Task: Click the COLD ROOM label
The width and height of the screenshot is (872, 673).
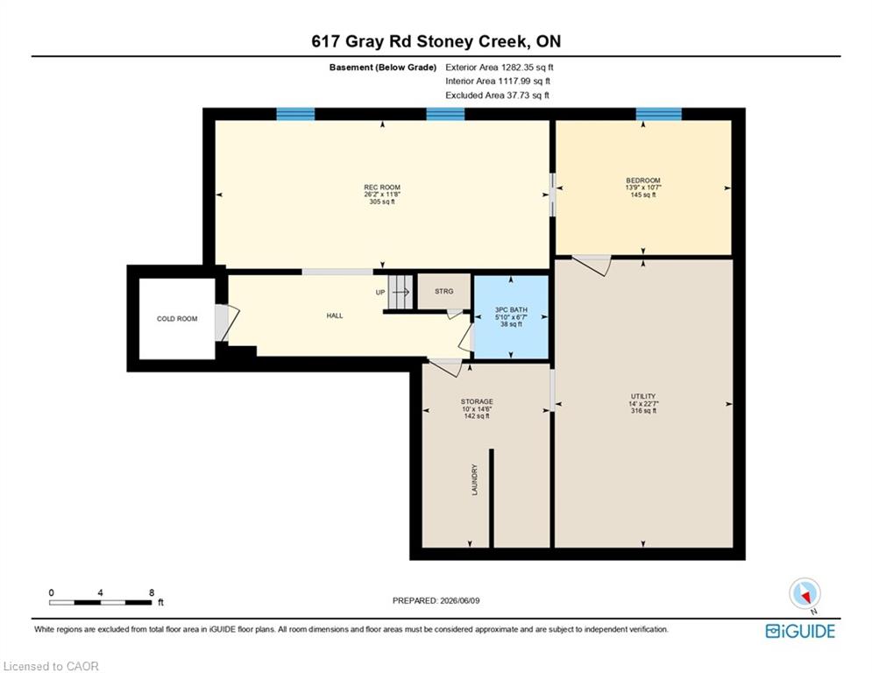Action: (x=177, y=319)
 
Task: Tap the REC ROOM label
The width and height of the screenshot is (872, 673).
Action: (x=382, y=188)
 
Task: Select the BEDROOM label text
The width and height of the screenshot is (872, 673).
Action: (x=643, y=181)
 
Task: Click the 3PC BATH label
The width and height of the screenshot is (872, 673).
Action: (x=511, y=310)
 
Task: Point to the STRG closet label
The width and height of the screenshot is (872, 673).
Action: (x=443, y=291)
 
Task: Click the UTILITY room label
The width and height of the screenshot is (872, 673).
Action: (x=643, y=397)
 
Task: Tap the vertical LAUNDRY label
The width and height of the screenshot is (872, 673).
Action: (x=474, y=479)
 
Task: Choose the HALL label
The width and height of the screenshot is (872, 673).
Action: (x=335, y=315)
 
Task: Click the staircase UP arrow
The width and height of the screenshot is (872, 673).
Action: (x=401, y=292)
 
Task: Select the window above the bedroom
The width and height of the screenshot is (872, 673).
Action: (x=658, y=114)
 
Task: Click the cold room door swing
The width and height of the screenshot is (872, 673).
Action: (x=228, y=322)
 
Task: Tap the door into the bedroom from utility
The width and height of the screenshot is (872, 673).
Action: (x=592, y=265)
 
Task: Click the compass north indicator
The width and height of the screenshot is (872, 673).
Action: (x=805, y=595)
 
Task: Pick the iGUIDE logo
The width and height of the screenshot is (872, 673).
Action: (x=800, y=631)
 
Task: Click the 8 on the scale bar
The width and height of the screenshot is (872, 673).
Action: (x=152, y=592)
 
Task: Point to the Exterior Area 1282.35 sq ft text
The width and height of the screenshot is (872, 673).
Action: (x=500, y=67)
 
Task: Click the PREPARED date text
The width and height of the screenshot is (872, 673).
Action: (x=436, y=600)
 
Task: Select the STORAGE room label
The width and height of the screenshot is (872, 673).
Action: (x=477, y=401)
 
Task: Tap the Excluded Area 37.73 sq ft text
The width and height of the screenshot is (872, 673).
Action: (x=497, y=96)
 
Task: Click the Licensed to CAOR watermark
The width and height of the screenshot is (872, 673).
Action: (x=51, y=666)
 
